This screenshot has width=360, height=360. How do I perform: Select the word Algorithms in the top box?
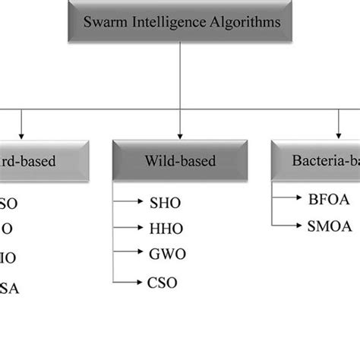[x=243, y=22]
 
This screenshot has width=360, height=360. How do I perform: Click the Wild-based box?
[x=180, y=161]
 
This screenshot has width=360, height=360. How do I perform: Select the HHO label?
[x=165, y=227]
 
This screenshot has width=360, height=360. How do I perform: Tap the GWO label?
[x=166, y=254]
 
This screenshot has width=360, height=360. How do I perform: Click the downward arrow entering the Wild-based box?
[x=179, y=125]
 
